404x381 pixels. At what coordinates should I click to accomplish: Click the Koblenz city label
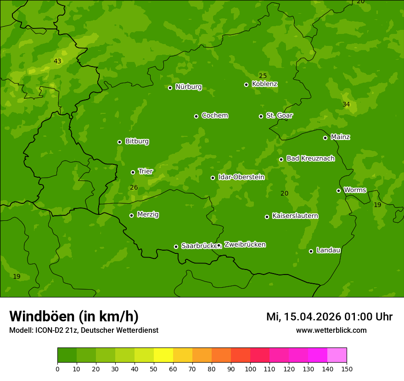264,84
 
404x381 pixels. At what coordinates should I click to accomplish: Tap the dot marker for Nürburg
170,88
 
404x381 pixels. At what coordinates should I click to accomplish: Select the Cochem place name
214,116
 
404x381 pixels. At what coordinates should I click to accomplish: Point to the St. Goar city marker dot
261,116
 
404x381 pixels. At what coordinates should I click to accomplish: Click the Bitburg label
137,141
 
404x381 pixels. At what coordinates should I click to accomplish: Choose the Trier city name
146,172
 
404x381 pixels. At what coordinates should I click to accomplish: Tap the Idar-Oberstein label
241,177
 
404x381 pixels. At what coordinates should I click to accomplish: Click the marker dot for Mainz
325,138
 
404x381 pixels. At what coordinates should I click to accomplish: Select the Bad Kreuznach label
310,159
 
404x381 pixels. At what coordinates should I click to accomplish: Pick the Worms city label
355,190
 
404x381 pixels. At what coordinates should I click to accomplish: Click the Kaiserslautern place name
295,216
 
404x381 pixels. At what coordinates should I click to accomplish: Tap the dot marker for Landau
311,251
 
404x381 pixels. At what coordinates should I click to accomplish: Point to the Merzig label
148,215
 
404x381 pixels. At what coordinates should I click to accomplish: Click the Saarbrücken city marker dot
176,247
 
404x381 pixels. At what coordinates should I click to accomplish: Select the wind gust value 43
57,62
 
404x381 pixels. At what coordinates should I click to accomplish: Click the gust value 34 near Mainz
346,105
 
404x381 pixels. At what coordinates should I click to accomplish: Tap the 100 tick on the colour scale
250,369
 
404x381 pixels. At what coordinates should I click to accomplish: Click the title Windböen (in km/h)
74,316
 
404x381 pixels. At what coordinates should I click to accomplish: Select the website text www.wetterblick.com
331,330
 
